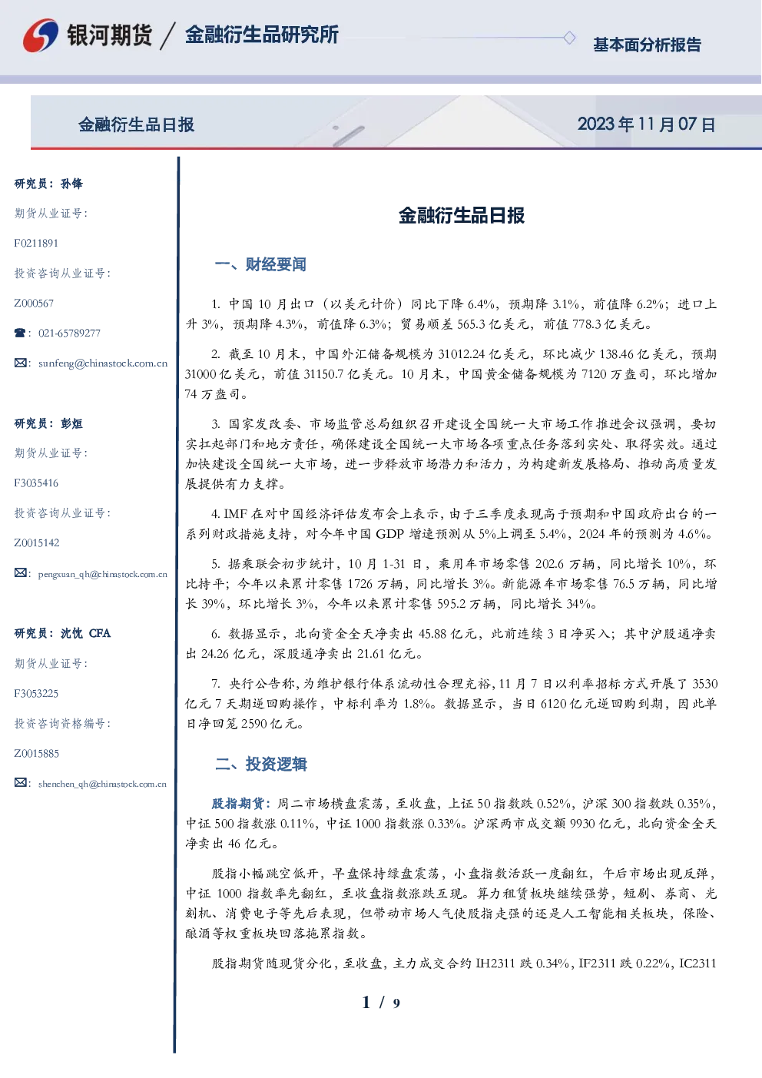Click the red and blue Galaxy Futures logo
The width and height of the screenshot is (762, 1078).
pyautogui.click(x=41, y=35)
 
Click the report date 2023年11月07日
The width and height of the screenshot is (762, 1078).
pyautogui.click(x=647, y=124)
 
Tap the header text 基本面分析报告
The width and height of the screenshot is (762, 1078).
pyautogui.click(x=647, y=45)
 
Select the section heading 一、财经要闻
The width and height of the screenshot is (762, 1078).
pyautogui.click(x=260, y=264)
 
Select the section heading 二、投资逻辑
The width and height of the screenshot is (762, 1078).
pyautogui.click(x=260, y=764)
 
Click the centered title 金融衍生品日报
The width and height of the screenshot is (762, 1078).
pyautogui.click(x=462, y=215)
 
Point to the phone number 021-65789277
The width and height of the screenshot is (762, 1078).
pyautogui.click(x=70, y=333)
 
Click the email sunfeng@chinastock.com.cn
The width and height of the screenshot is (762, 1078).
pyautogui.click(x=103, y=363)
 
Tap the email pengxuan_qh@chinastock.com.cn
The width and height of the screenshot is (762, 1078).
pyautogui.click(x=103, y=574)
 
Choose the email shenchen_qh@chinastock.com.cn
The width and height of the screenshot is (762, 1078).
pyautogui.click(x=102, y=784)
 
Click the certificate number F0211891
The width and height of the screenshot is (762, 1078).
pyautogui.click(x=36, y=243)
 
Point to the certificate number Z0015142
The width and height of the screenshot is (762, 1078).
pyautogui.click(x=37, y=543)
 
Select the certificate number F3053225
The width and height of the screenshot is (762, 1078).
pyautogui.click(x=36, y=694)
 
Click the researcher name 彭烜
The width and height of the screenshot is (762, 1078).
pyautogui.click(x=71, y=423)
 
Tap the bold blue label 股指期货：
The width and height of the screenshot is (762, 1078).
pyautogui.click(x=243, y=803)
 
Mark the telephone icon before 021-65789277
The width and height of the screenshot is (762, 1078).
pyautogui.click(x=20, y=333)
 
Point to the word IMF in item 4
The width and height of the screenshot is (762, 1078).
pyautogui.click(x=235, y=514)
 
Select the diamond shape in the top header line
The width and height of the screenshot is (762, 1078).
pyautogui.click(x=569, y=38)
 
